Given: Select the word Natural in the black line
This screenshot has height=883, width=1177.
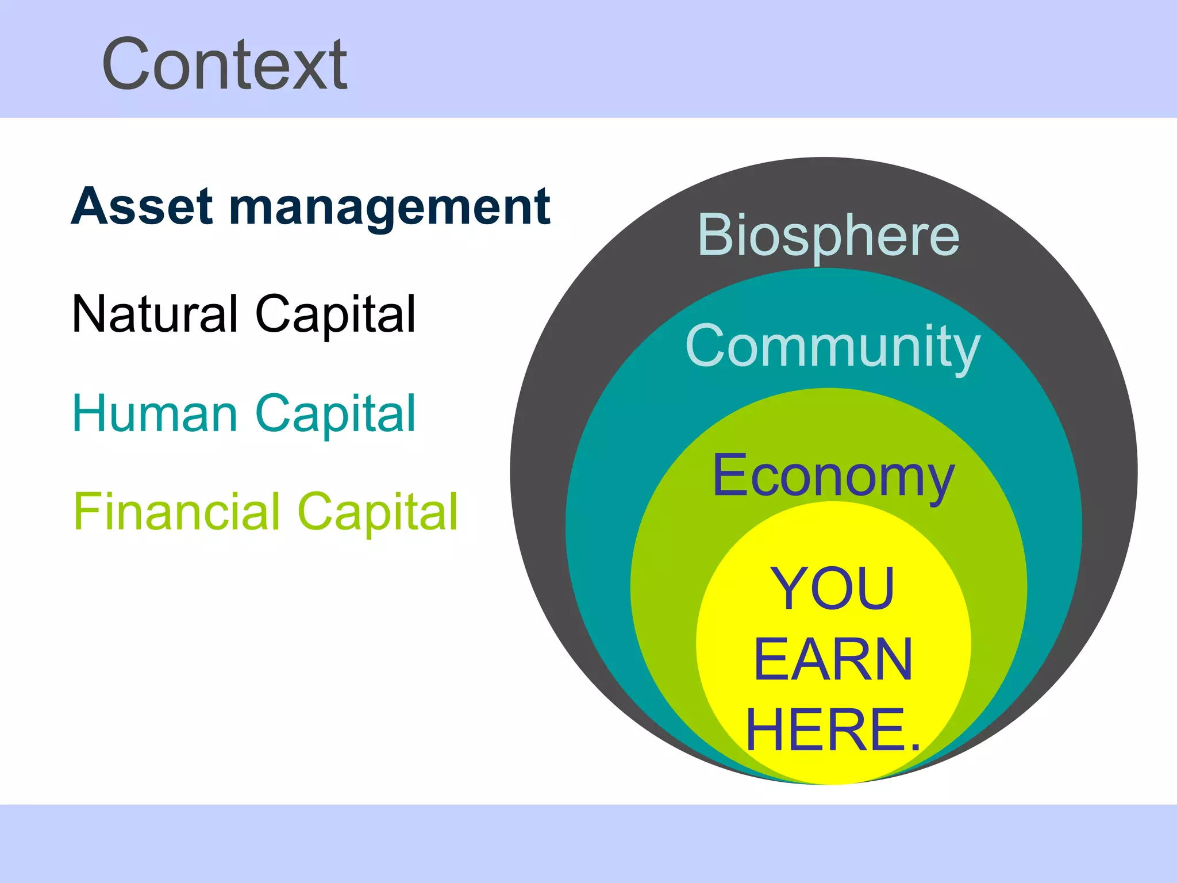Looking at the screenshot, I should [155, 314].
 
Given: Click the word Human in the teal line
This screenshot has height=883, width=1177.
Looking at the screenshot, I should [155, 413].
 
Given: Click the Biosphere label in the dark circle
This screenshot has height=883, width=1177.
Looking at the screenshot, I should [828, 236].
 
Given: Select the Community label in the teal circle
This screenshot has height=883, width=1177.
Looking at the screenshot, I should [833, 346].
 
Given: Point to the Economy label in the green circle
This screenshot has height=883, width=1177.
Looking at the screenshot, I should [833, 476].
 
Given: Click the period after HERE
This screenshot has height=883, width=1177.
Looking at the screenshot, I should [916, 747].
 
